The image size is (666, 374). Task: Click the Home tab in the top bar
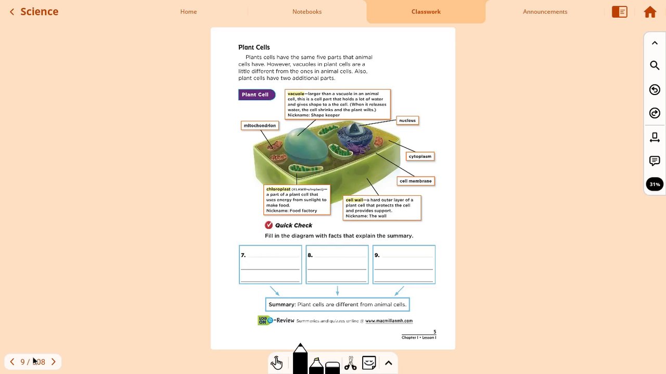point(188,11)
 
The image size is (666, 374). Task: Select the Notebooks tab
point(307,11)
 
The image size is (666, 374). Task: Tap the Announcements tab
point(545,11)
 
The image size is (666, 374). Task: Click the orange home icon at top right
point(650,12)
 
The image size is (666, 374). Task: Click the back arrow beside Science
point(12,11)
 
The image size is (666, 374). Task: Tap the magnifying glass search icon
point(655,65)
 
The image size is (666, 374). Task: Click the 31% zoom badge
point(655,184)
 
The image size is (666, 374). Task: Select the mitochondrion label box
point(260,126)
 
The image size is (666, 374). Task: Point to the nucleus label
point(407,121)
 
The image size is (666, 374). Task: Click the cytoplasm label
point(420,156)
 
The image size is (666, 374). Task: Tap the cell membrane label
point(416,181)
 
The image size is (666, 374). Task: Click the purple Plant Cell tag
point(255,95)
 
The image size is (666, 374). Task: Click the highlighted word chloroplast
point(278,189)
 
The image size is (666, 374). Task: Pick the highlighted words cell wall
point(354,200)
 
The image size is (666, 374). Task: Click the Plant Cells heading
point(254,47)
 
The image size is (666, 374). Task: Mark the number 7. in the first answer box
point(243,255)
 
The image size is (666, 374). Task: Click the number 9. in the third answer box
point(377,255)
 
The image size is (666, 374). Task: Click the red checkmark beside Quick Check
point(268,225)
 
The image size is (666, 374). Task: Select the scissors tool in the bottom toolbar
point(350,363)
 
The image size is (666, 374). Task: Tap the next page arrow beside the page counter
point(53,362)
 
